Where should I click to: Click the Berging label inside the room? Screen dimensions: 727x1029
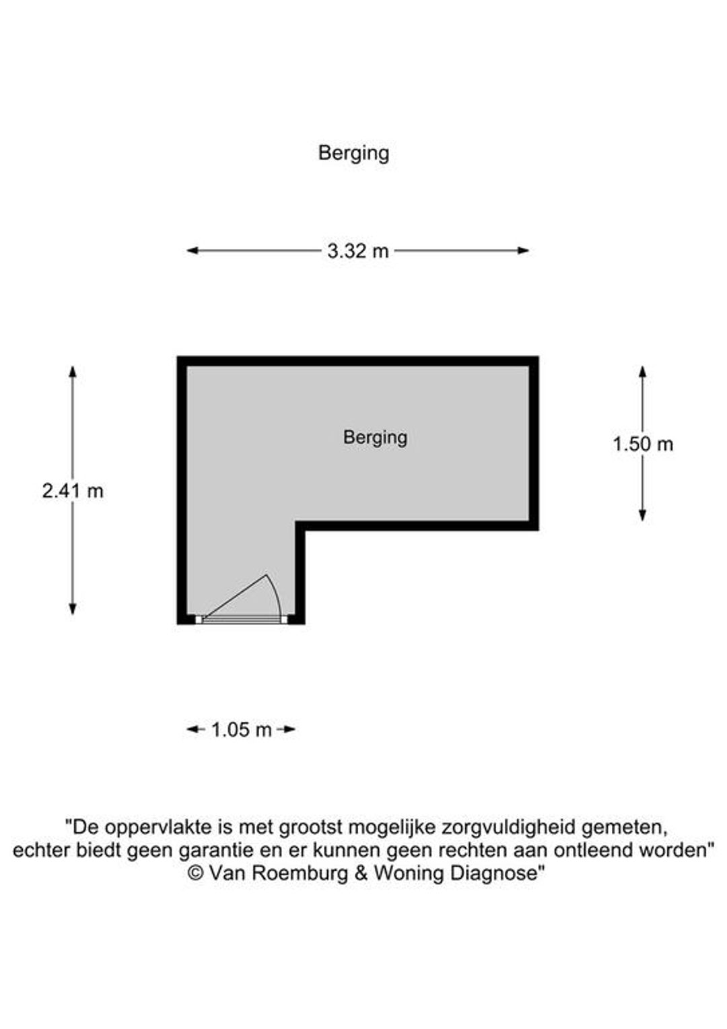click(375, 438)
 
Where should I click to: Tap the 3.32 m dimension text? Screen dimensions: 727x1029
click(357, 251)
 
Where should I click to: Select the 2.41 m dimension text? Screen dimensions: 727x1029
click(73, 492)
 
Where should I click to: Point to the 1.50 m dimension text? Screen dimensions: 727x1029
click(643, 444)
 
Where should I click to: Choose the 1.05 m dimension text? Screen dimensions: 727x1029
click(241, 729)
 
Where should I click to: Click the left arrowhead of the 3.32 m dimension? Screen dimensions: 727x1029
click(192, 251)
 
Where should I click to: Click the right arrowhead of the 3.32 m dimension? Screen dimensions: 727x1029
click(524, 251)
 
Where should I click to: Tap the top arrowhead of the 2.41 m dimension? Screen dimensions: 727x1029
click(72, 372)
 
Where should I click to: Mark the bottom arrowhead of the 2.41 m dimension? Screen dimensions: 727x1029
click(72, 609)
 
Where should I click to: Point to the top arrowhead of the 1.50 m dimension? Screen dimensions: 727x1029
click(642, 372)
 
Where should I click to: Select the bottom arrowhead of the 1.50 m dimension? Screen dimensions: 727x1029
click(642, 515)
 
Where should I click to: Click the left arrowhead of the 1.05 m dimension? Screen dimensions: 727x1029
click(192, 729)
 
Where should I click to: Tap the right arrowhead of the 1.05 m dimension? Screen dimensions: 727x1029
click(289, 729)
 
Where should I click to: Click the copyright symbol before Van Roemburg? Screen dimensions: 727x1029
click(196, 873)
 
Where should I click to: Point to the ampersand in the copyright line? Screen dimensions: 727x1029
click(361, 873)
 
